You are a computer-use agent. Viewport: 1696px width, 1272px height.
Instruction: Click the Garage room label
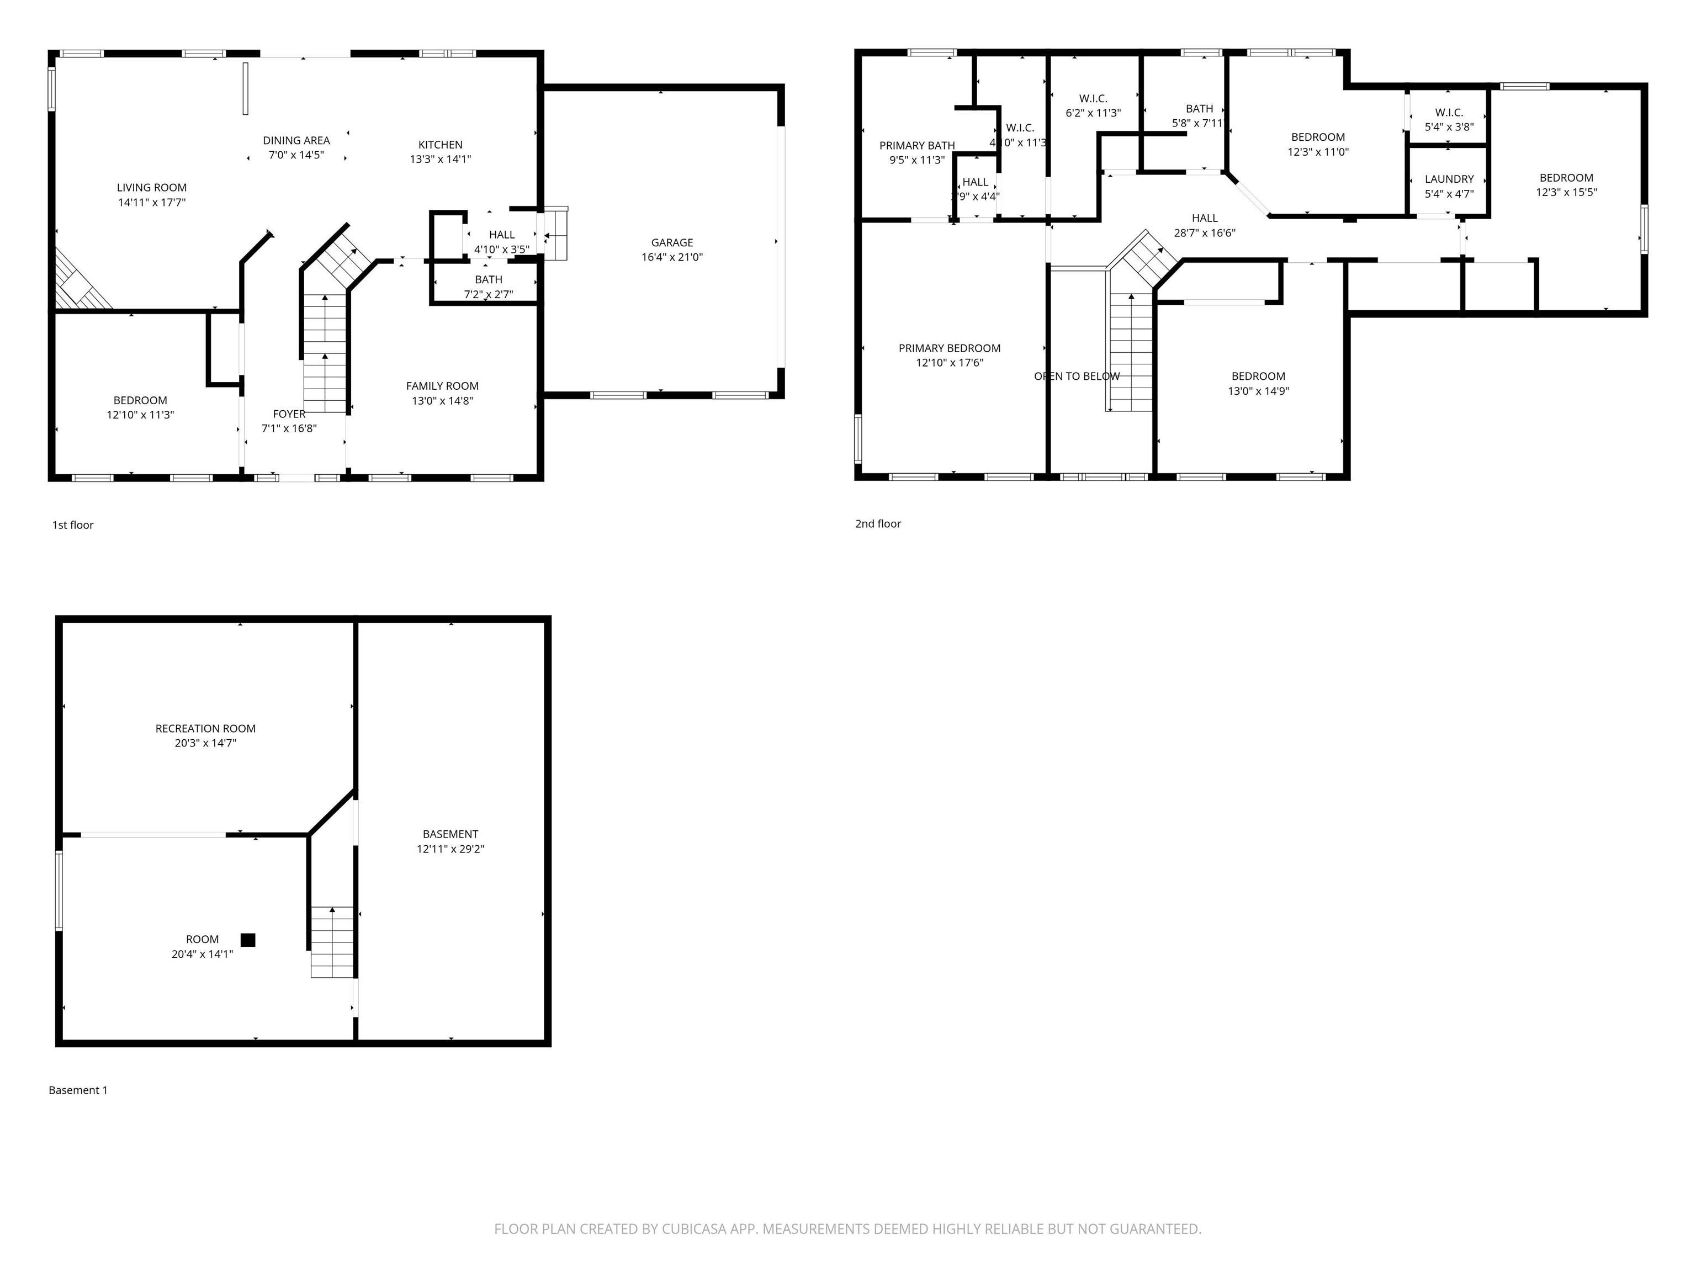[672, 242]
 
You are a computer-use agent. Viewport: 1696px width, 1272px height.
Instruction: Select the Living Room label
[152, 188]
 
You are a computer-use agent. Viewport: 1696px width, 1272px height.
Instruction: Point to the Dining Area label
[296, 140]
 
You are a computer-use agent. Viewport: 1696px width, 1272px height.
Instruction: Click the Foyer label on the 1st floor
[289, 414]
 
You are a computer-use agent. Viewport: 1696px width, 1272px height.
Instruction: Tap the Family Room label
[442, 386]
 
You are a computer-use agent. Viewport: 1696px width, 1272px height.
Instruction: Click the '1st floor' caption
[73, 525]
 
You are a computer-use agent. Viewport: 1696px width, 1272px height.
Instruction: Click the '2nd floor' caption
[878, 524]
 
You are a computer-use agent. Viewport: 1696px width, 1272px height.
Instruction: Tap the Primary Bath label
[917, 146]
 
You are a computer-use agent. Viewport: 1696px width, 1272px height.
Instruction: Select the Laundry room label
[1449, 179]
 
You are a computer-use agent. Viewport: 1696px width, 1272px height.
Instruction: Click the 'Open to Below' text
[1077, 377]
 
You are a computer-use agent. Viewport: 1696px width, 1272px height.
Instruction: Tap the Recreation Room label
[205, 728]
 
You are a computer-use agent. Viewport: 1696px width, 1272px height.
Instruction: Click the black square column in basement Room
[248, 939]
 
